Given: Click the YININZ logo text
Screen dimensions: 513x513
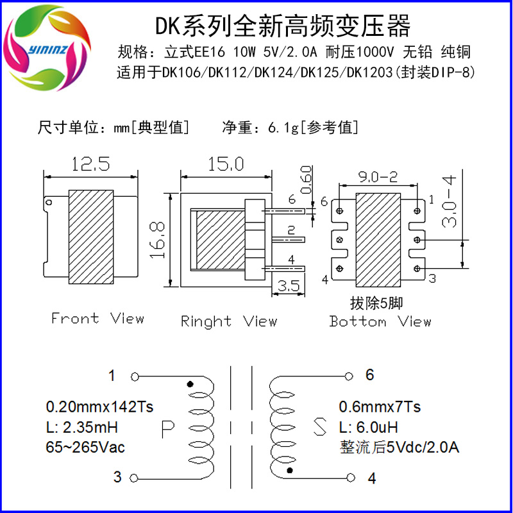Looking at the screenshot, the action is click(47, 50).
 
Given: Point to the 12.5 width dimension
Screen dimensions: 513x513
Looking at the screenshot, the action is click(90, 164).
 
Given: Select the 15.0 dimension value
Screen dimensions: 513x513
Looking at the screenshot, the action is click(226, 164).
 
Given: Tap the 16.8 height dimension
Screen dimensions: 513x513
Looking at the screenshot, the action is click(157, 240).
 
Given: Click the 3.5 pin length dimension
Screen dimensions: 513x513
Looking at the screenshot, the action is click(289, 285).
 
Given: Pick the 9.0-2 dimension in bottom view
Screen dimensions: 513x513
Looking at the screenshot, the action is click(378, 177).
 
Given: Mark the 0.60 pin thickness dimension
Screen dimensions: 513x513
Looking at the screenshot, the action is click(306, 180).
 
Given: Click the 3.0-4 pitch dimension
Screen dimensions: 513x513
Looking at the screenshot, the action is click(448, 201).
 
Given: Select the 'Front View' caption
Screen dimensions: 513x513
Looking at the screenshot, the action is click(97, 318).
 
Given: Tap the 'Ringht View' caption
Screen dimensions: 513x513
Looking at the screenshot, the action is click(229, 321).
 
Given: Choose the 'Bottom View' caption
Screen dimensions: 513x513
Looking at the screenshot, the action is click(380, 321).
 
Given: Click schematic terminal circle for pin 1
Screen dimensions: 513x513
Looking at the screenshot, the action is click(135, 377).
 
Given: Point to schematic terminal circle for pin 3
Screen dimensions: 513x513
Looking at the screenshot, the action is click(134, 478).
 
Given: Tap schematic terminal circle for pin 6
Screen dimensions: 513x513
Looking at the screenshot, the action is click(349, 376).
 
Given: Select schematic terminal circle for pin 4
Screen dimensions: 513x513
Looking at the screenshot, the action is click(351, 478).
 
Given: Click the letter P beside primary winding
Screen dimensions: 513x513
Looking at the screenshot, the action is click(168, 429).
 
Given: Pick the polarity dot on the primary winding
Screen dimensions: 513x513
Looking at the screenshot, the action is click(190, 383).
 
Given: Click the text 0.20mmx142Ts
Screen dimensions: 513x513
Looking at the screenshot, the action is click(99, 407).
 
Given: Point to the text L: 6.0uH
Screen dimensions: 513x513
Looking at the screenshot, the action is click(368, 427).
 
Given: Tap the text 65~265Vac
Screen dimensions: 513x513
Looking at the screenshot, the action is click(85, 447).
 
